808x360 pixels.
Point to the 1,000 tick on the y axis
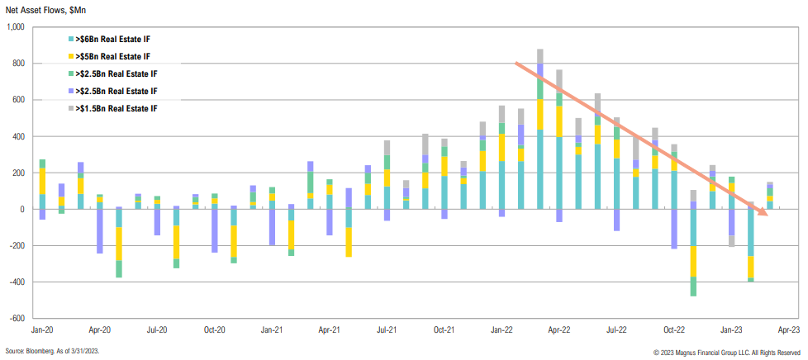pyautogui.click(x=17, y=27)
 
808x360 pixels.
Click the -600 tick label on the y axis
pyautogui.click(x=18, y=318)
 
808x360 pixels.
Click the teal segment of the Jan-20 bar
pyautogui.click(x=42, y=201)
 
